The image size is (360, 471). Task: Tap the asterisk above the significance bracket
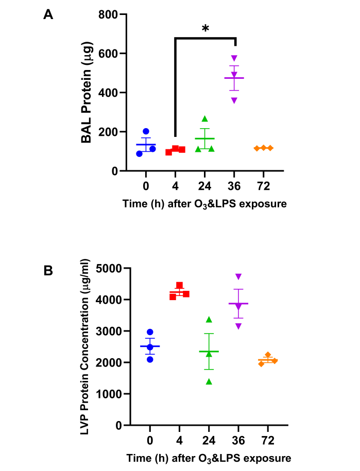pyautogui.click(x=205, y=29)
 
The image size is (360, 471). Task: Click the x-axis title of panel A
pyautogui.click(x=204, y=204)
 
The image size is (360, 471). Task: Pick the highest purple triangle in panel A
pyautogui.click(x=234, y=58)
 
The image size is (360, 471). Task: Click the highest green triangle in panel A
pyautogui.click(x=204, y=119)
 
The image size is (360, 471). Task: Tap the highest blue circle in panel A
pyautogui.click(x=146, y=131)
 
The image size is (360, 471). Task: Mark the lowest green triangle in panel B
pyautogui.click(x=209, y=381)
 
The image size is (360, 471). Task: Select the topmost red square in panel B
pyautogui.click(x=179, y=285)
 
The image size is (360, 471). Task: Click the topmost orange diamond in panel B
pyautogui.click(x=268, y=355)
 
